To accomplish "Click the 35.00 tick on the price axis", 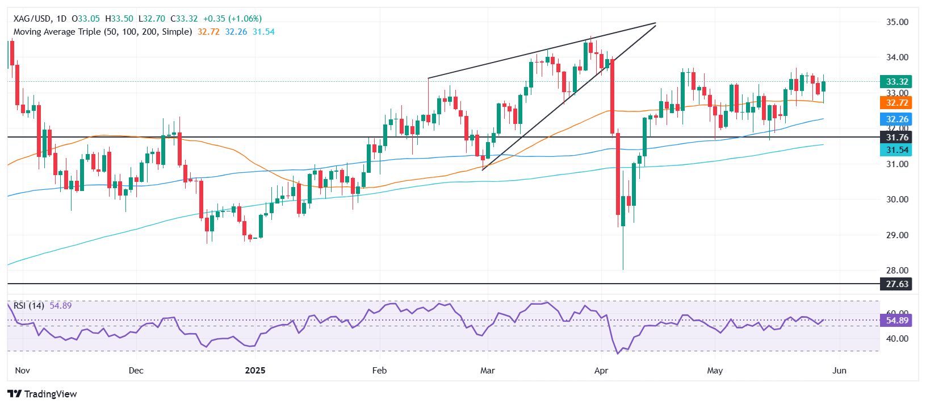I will [897, 22].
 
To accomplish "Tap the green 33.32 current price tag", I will [895, 82].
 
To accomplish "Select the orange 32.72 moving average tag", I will [895, 103].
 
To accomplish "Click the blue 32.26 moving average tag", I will [895, 119].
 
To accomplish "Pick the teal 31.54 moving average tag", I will [895, 150].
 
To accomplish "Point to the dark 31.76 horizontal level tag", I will [895, 138].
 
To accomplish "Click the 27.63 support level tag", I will [895, 284].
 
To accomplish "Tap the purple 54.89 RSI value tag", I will [895, 321].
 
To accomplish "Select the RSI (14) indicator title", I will [29, 306].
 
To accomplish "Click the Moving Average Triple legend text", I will [102, 32].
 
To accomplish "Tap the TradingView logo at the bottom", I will [43, 394].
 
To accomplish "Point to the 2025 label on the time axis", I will [255, 371].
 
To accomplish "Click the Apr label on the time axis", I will [601, 371].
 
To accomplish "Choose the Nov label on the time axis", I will [22, 371].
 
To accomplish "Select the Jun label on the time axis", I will [839, 371].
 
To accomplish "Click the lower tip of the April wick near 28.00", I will [623, 269].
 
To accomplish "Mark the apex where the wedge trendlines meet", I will [656, 24].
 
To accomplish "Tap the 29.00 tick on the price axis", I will [897, 235].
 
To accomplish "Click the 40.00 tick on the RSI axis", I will [897, 339].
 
